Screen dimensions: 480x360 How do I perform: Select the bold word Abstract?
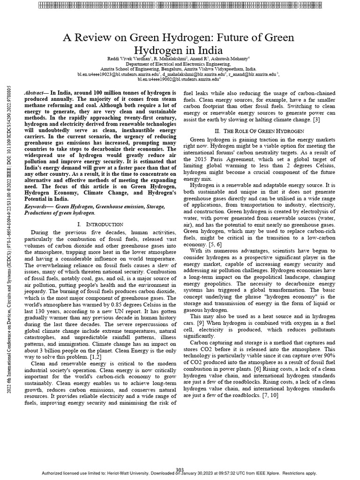[x=36, y=94]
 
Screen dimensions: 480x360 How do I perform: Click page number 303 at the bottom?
[x=180, y=470]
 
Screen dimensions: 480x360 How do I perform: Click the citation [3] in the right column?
[x=316, y=120]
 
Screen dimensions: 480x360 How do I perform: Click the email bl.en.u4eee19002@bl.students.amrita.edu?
[x=179, y=79]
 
